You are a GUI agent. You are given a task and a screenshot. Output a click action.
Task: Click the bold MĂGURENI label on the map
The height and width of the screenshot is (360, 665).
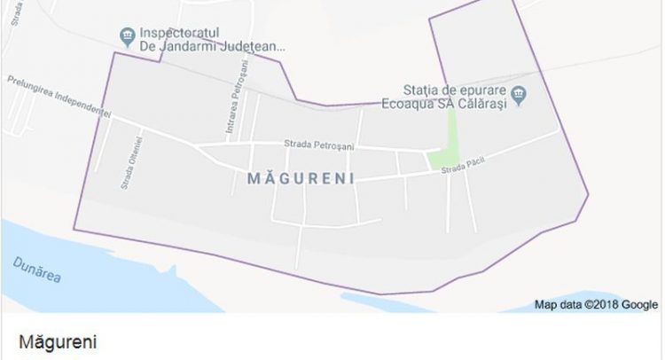303,178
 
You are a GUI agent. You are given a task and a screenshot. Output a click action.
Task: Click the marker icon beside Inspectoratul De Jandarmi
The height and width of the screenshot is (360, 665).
128,35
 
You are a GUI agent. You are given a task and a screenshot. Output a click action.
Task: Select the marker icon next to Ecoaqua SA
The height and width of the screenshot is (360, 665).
521,92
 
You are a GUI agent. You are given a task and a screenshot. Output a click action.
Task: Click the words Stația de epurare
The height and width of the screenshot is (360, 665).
453,90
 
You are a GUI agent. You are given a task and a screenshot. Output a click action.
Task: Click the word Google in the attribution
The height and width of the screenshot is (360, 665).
639,305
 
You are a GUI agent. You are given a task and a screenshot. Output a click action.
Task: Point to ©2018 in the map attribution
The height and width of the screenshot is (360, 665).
600,305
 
